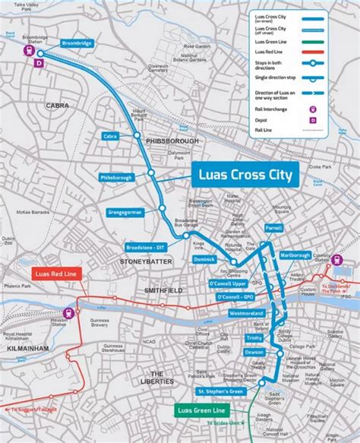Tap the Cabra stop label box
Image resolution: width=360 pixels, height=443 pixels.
coord(110,135)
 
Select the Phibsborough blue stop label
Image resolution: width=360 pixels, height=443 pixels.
coord(116,177)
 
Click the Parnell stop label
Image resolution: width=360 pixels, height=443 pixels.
coord(273,228)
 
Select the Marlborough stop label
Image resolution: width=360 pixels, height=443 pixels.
coord(295,255)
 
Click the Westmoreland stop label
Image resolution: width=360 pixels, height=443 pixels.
coord(245,313)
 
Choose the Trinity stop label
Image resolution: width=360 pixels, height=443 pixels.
coord(254,337)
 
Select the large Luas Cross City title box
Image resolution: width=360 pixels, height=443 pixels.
coord(245,175)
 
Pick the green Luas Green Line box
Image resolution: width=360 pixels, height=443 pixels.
coord(196,411)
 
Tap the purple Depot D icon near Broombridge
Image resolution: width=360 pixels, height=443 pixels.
coord(39,65)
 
